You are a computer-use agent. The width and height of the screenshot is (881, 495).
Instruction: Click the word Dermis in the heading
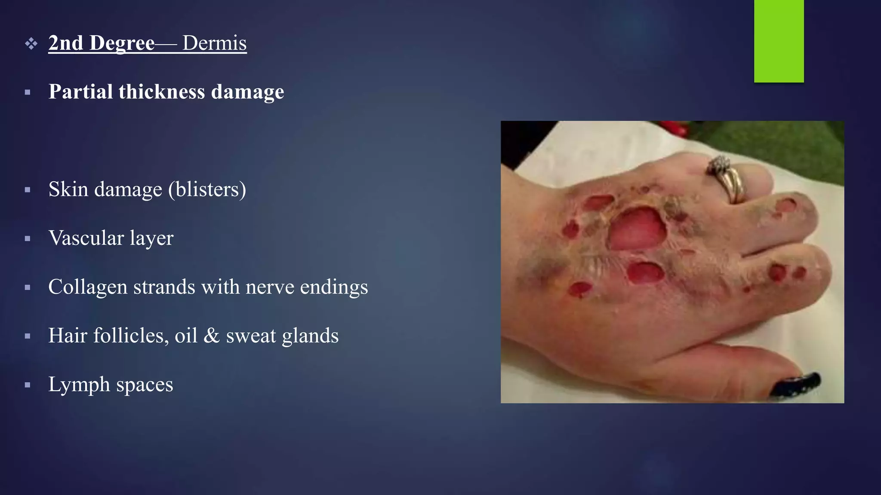214,43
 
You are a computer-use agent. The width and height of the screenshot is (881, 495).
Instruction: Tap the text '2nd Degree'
101,43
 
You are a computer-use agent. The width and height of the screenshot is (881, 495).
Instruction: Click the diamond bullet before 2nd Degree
31,43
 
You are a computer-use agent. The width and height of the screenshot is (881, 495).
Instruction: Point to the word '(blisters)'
207,189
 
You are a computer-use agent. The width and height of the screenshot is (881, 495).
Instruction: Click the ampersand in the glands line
211,336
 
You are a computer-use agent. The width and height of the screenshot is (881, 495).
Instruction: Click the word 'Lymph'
79,385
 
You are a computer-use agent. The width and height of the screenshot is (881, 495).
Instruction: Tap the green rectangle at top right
779,41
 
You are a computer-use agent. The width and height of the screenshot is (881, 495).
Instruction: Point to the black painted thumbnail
796,384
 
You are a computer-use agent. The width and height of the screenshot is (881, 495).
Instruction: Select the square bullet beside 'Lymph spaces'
28,385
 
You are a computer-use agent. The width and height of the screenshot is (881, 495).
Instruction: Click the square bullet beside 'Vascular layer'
28,238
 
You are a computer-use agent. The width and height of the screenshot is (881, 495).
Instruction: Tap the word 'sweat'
251,336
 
